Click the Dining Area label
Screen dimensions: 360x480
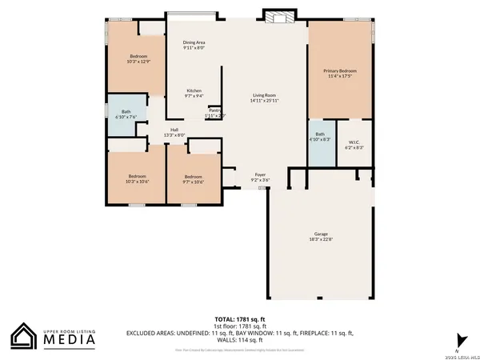point(194,45)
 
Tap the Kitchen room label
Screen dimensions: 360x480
point(194,92)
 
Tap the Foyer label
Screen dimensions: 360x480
point(260,177)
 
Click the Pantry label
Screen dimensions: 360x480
point(214,113)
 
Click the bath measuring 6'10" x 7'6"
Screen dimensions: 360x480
point(126,114)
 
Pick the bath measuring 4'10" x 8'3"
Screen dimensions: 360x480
point(320,137)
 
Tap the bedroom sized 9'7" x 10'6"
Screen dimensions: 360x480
point(194,178)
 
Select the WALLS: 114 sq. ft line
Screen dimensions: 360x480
point(239,340)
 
